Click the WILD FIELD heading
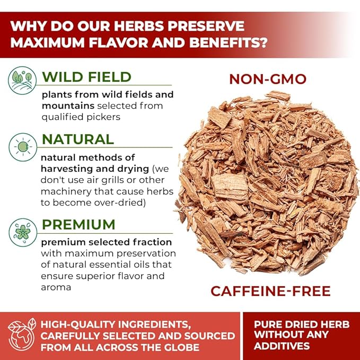86,77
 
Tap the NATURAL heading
78,139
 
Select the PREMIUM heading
78,224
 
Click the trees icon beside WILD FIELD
22,81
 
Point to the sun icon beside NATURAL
23,147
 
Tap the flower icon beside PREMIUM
23,232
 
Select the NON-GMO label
268,79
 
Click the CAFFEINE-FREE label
270,291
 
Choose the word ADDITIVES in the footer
282,346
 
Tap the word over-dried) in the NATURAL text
119,203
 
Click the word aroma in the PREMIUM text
56,288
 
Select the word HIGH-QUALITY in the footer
77,324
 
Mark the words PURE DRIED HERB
302,324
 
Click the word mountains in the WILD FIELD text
68,106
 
